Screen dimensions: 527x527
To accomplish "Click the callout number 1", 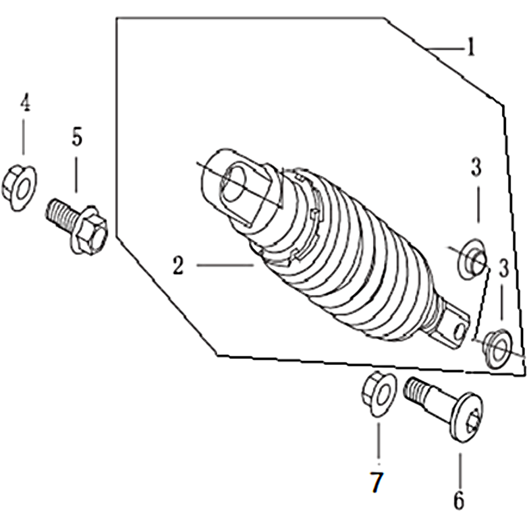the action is click(471, 47).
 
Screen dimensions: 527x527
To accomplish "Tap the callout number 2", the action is click(178, 266).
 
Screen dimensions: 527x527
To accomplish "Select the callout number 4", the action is click(25, 102).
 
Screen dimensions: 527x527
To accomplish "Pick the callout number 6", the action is click(458, 500).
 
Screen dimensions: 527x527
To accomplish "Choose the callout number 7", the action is click(376, 482).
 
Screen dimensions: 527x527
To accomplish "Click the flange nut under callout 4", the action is click(20, 188).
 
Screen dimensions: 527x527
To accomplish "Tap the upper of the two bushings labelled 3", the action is click(473, 259).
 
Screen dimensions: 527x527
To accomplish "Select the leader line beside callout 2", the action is click(225, 265).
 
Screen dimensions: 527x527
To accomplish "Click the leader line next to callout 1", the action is click(445, 49).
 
